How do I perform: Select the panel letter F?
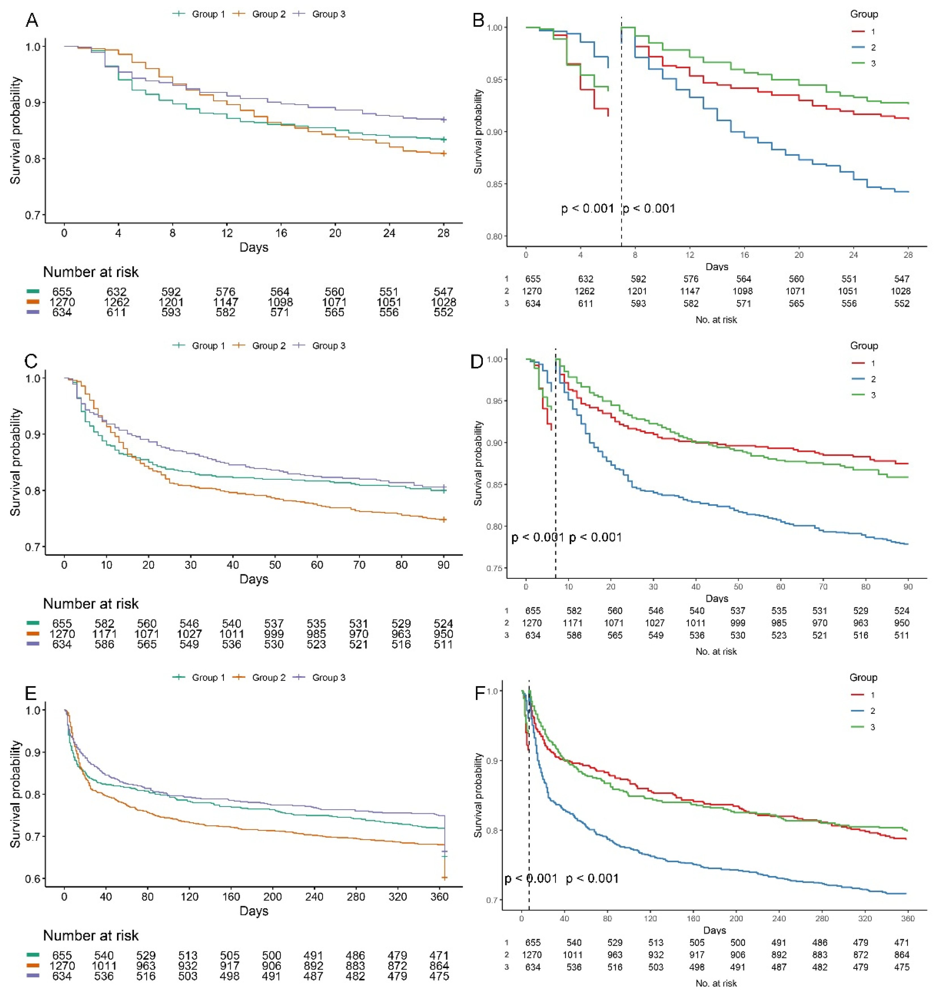[x=479, y=694]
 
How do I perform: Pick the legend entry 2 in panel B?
[x=873, y=48]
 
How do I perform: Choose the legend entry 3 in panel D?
[x=873, y=395]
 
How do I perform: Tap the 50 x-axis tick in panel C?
[x=275, y=565]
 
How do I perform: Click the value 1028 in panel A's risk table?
[x=443, y=302]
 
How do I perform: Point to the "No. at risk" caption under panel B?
[x=716, y=319]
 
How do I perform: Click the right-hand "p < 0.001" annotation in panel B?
[x=649, y=208]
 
